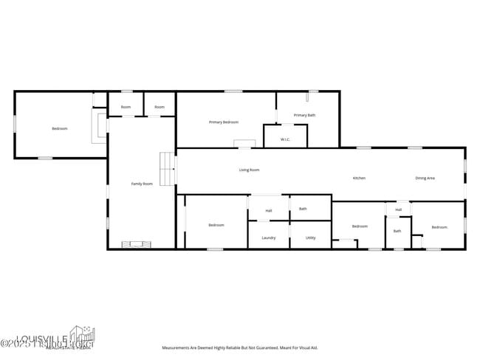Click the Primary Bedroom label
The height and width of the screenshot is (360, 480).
pyautogui.click(x=223, y=122)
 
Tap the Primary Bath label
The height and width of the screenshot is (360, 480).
pyautogui.click(x=304, y=115)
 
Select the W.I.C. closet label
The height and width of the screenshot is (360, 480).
pyautogui.click(x=285, y=139)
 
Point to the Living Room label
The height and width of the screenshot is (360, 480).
pyautogui.click(x=249, y=170)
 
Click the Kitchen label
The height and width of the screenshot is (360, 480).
pyautogui.click(x=359, y=178)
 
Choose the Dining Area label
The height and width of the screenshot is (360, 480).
pyautogui.click(x=425, y=178)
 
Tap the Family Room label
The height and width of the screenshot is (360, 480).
pyautogui.click(x=142, y=184)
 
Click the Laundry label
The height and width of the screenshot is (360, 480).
pyautogui.click(x=269, y=238)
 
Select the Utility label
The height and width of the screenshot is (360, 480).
pyautogui.click(x=310, y=238)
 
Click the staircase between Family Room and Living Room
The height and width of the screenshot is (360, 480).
pyautogui.click(x=168, y=170)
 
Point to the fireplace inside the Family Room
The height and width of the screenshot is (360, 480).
pyautogui.click(x=137, y=244)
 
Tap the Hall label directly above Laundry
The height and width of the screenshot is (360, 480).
pyautogui.click(x=269, y=211)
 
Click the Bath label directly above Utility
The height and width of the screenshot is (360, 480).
pyautogui.click(x=303, y=209)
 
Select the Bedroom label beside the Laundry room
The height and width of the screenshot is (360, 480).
pyautogui.click(x=216, y=225)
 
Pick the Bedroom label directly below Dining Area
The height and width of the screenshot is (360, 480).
pyautogui.click(x=439, y=227)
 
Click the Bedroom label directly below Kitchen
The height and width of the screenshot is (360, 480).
pyautogui.click(x=360, y=226)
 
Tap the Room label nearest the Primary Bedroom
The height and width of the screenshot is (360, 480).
pyautogui.click(x=160, y=107)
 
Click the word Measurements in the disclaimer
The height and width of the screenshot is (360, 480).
pyautogui.click(x=177, y=347)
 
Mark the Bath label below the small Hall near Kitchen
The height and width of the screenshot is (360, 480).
pyautogui.click(x=397, y=231)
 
